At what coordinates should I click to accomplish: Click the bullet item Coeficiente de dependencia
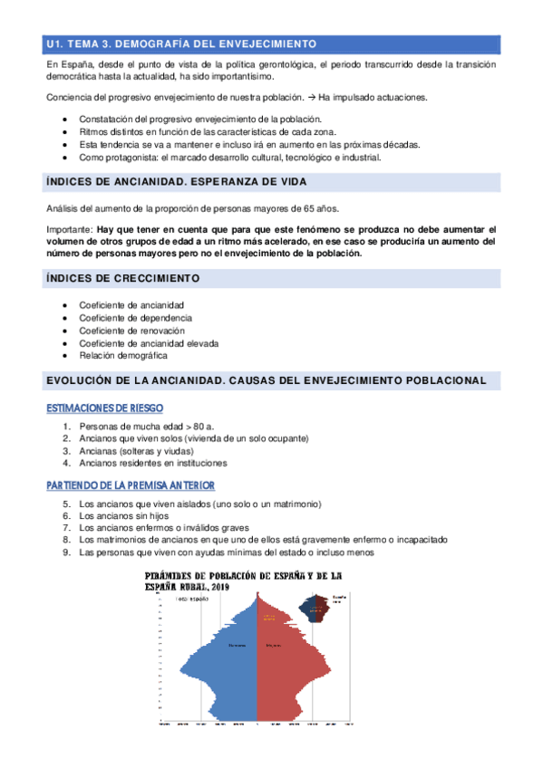click(135, 318)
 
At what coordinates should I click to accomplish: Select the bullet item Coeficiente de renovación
click(131, 331)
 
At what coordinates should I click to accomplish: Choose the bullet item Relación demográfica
click(123, 356)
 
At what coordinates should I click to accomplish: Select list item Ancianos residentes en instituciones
click(152, 464)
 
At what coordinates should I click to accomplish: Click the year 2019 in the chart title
click(218, 587)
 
